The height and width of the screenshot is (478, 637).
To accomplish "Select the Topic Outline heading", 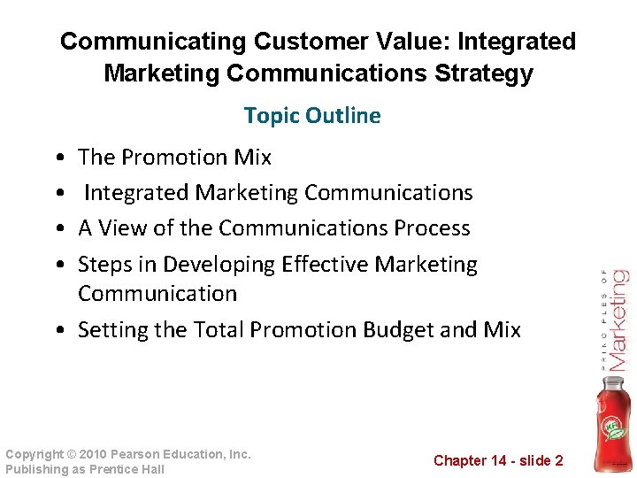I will point(312,115).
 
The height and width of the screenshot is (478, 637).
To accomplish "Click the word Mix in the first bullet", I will point(253,158).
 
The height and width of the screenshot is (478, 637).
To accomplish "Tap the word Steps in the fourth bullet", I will point(104,265).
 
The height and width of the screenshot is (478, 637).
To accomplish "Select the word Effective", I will point(325,265).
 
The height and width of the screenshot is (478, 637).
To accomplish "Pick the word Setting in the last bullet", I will point(112,330).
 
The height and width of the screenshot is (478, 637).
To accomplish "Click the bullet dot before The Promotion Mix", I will point(58,158).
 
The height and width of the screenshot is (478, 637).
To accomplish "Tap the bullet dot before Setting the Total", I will point(58,331).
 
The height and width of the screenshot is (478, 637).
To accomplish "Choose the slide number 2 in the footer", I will point(558,460).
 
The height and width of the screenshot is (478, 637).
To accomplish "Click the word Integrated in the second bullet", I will point(137,193).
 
